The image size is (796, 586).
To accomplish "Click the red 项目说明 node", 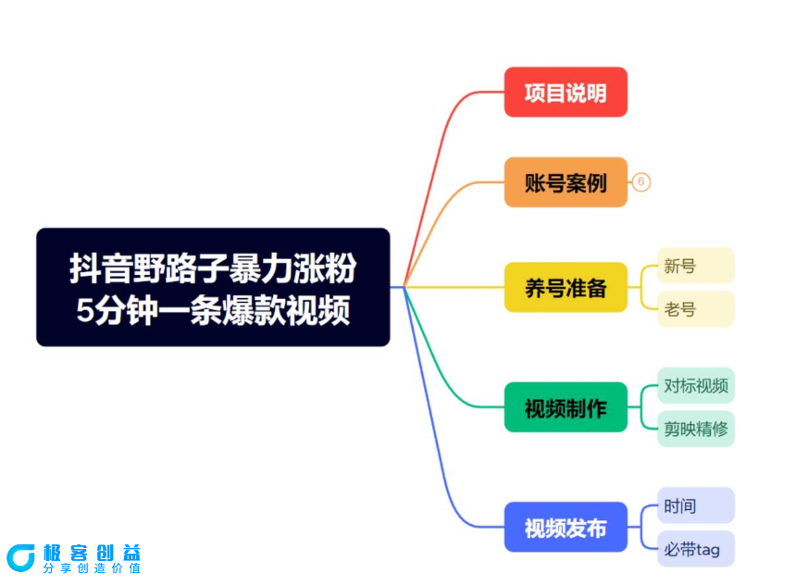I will tap(566, 93).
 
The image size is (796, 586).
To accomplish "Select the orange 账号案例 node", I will tap(566, 182).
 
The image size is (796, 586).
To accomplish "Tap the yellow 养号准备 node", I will tap(566, 288).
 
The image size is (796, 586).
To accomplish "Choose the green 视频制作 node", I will tap(566, 407).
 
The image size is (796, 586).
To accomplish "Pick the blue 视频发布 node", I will tap(566, 528).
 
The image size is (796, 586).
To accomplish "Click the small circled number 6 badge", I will tap(641, 182).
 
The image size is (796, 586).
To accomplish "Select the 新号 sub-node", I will tap(696, 266).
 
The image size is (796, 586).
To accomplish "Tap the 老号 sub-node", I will tap(696, 309).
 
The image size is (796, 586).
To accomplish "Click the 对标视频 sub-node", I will tap(696, 385).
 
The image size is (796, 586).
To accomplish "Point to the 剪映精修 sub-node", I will tap(696, 429).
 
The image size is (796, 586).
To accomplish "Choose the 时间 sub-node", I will tap(696, 505).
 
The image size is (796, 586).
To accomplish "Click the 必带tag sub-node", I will tap(696, 549).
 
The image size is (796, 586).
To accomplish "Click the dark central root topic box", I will tap(213, 287).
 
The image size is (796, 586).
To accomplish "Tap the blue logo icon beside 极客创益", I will tap(20, 557).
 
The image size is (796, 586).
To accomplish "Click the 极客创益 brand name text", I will tap(92, 552).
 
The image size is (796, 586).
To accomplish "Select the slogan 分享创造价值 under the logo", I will tap(92, 568).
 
